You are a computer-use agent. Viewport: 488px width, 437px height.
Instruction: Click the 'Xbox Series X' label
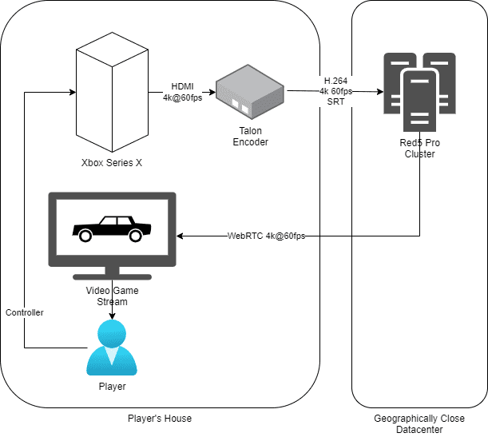pos(111,164)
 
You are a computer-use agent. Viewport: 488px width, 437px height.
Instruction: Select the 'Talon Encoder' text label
pos(250,137)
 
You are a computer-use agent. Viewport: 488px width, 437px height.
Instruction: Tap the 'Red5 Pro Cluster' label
pos(419,148)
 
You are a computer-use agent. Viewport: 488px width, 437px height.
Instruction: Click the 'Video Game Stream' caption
pos(112,296)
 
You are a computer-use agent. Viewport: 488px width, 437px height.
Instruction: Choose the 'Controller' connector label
pos(25,312)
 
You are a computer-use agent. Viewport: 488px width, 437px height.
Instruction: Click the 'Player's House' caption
pos(160,419)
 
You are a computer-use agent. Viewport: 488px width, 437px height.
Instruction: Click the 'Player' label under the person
pos(111,387)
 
